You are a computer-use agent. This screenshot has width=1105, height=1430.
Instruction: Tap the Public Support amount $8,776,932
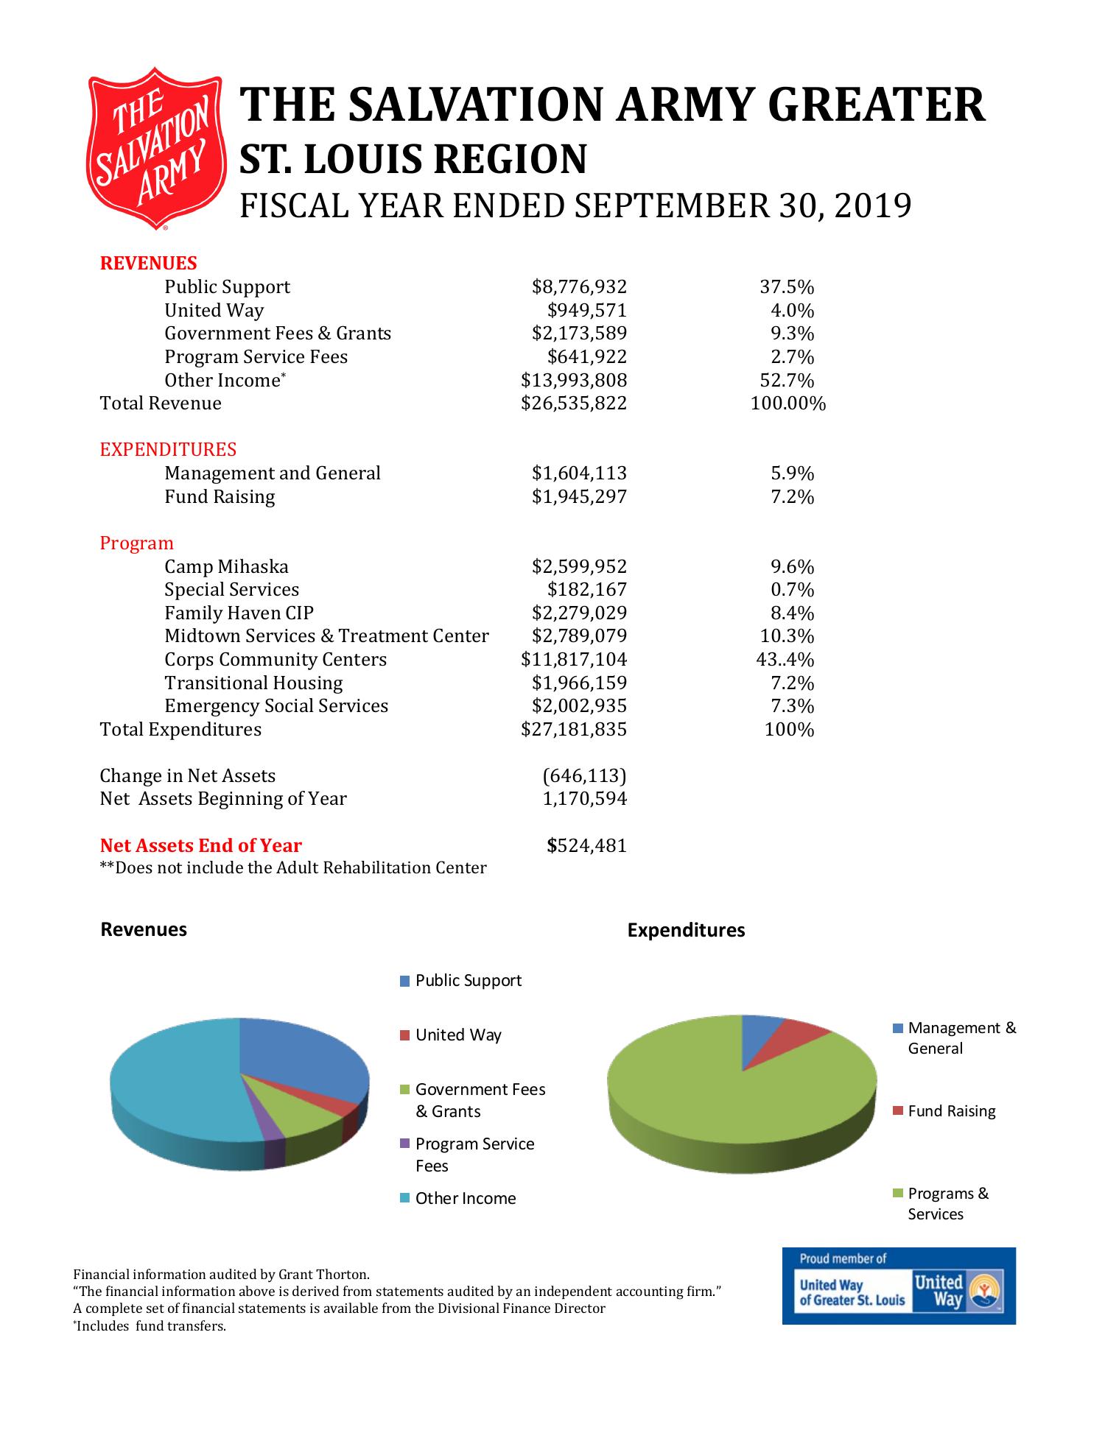[x=579, y=287]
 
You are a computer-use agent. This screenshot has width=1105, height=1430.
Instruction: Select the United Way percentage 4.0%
[x=792, y=311]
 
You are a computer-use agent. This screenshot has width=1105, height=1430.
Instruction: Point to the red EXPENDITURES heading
[x=168, y=450]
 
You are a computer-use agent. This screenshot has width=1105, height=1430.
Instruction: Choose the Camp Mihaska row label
[x=226, y=567]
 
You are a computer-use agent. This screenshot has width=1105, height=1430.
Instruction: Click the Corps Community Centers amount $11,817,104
[x=573, y=660]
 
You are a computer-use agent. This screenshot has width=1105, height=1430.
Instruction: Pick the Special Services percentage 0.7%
[x=792, y=590]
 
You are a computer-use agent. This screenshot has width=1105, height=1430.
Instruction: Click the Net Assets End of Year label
[x=200, y=846]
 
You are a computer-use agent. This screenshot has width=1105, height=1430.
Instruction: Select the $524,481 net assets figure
[x=586, y=846]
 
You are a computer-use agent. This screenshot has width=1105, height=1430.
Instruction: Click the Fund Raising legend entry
[x=950, y=1112]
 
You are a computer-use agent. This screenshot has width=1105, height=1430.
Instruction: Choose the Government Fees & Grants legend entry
[x=479, y=1100]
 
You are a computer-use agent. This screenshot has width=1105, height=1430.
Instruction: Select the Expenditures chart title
[x=686, y=931]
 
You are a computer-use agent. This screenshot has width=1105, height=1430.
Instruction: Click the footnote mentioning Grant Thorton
[x=221, y=1275]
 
